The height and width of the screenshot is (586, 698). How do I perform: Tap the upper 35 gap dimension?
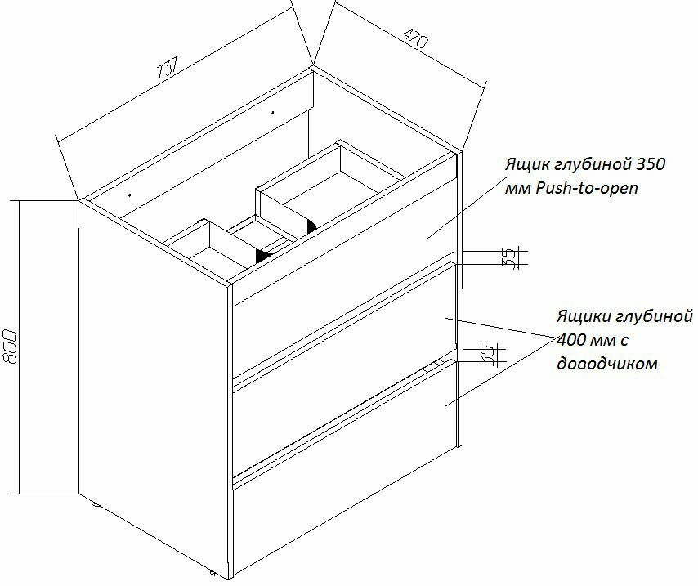(x=508, y=258)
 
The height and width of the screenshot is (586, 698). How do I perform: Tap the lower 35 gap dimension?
(x=488, y=355)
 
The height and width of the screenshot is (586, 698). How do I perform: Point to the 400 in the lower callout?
(x=570, y=338)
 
